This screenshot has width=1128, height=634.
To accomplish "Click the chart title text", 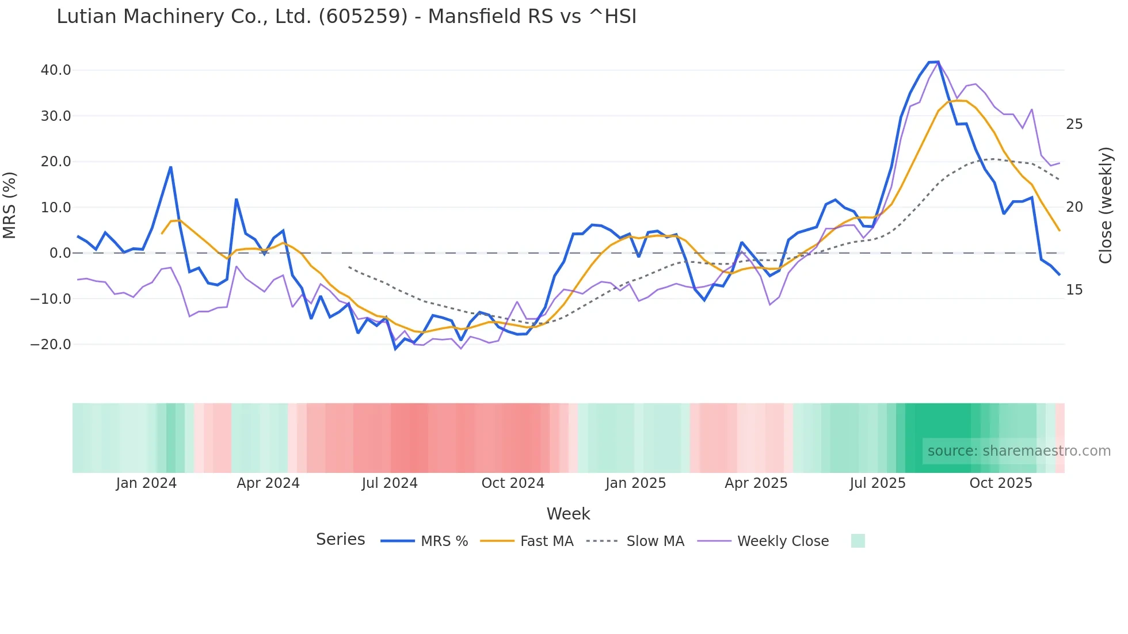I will click(x=346, y=17).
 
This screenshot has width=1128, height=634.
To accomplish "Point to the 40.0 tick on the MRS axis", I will click(x=56, y=70).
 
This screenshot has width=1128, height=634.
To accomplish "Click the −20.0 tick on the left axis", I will click(x=51, y=345).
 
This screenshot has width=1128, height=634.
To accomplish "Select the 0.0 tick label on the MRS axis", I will click(x=60, y=253).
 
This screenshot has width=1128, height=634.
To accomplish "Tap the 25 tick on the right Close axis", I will click(x=1074, y=124).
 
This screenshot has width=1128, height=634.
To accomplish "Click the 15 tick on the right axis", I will click(x=1074, y=290).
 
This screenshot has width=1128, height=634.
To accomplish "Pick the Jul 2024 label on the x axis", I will click(x=390, y=483).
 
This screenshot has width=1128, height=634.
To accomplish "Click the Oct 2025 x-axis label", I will click(x=1001, y=483).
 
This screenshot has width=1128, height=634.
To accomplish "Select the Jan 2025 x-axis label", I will click(x=635, y=483).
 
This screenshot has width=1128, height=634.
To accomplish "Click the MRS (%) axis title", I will click(x=10, y=205).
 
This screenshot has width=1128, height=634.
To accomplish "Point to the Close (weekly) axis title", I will click(x=1105, y=205).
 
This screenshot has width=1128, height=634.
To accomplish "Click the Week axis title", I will click(x=568, y=514).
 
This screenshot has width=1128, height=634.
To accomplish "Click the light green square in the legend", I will click(x=858, y=541).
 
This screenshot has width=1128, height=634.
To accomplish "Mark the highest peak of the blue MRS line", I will click(x=938, y=62).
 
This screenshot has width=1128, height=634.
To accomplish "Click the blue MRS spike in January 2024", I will click(x=171, y=167).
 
